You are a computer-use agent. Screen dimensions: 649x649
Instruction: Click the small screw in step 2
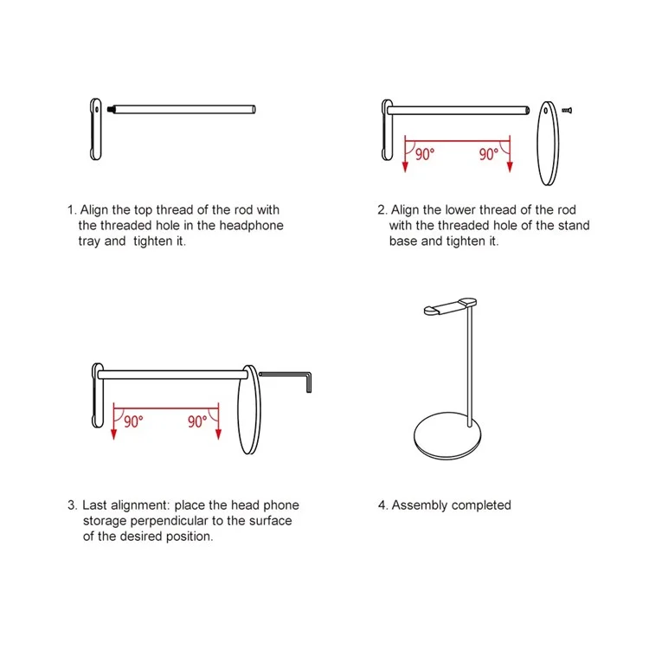(x=567, y=110)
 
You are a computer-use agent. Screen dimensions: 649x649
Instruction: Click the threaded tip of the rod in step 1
(x=111, y=110)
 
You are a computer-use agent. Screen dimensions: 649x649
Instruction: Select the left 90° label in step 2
(x=425, y=154)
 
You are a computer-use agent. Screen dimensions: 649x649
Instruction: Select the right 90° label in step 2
(x=489, y=154)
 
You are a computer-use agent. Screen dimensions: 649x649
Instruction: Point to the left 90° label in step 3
(x=133, y=421)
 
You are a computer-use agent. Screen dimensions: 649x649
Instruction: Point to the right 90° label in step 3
(x=197, y=421)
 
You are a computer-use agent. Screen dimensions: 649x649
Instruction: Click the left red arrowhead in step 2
(x=405, y=167)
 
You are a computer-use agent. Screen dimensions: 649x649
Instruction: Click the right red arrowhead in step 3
(x=219, y=434)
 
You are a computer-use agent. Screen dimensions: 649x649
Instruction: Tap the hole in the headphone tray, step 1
(x=97, y=110)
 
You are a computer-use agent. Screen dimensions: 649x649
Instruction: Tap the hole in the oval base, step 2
(x=546, y=111)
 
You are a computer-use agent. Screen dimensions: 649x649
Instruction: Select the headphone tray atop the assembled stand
(x=450, y=306)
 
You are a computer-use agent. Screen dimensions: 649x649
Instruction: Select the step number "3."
(x=73, y=505)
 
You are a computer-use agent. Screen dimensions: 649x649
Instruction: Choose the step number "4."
(x=382, y=505)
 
